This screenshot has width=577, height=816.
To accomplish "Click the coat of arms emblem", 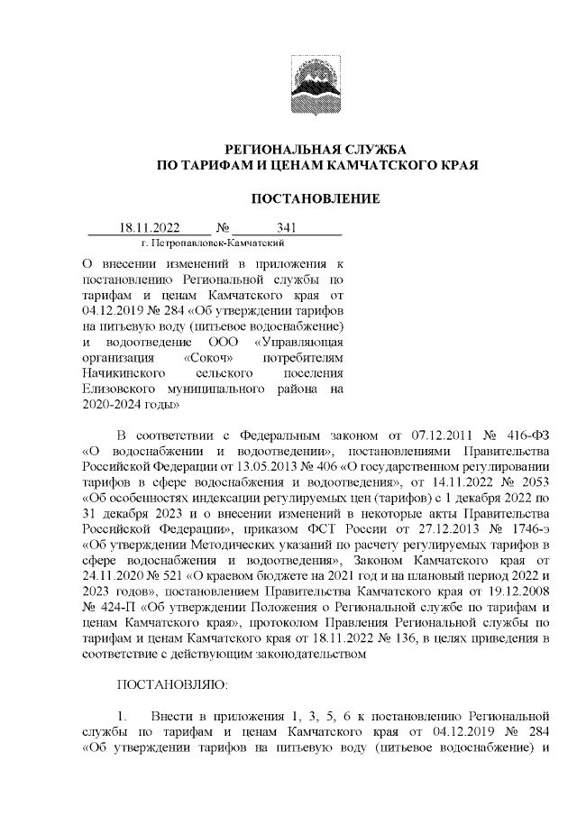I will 315,83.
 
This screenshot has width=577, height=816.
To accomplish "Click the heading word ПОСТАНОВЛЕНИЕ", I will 315,198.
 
